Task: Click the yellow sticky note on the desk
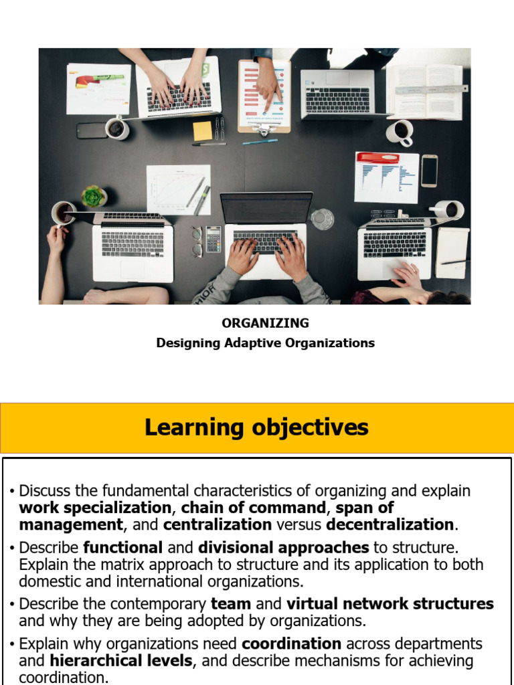(202, 130)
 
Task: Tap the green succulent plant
(94, 196)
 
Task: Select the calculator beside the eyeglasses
(213, 239)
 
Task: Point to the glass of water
(322, 219)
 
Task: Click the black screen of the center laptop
(266, 208)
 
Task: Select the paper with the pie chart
(98, 88)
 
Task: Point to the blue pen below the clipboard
(260, 141)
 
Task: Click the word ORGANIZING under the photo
(265, 323)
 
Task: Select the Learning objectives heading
(256, 427)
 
